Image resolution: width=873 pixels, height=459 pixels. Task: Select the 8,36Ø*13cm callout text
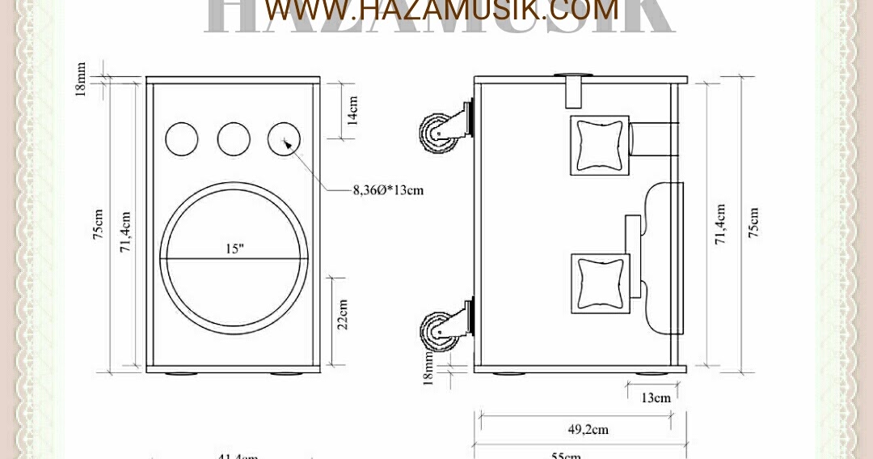coord(387,191)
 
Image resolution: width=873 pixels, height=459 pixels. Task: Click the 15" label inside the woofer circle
coord(234,249)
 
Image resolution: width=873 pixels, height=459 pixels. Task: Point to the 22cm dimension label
coord(342,313)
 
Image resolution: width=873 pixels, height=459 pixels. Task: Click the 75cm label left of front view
coord(98,225)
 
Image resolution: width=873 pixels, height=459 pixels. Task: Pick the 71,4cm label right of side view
coord(720,224)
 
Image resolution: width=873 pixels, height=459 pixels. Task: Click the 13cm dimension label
coord(656,397)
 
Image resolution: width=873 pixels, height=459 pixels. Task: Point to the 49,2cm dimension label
coord(587,430)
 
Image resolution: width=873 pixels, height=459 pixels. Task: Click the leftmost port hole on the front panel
coord(182,139)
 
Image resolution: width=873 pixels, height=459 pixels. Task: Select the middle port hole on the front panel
coord(234,139)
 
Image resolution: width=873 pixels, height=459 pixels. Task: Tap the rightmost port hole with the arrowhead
coord(285,139)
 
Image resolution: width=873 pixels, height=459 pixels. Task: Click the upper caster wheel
coord(436,132)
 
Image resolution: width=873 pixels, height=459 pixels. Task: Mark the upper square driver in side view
coord(599,145)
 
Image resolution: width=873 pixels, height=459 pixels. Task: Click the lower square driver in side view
coord(600,283)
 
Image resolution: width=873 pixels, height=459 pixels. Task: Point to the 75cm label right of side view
coord(753,224)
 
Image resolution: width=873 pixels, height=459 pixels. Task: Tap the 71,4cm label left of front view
coord(126,232)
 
